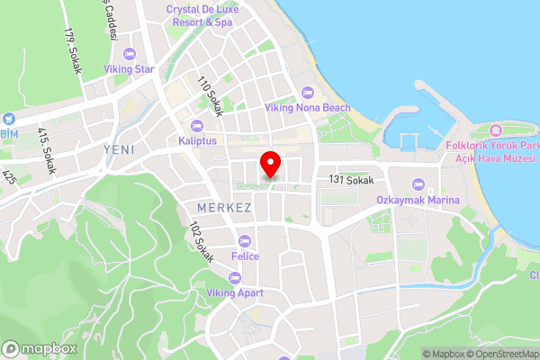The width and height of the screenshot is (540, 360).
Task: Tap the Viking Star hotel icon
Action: coord(130,54)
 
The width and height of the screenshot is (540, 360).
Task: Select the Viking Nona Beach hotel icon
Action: coord(307,93)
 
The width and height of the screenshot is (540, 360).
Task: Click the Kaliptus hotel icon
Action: coord(197,126)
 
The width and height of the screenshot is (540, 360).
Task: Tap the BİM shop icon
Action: coord(8,118)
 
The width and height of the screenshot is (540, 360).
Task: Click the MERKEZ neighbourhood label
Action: coord(223,208)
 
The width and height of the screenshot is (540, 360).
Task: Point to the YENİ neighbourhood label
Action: coord(119,149)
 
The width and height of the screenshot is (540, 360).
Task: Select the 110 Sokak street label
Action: coord(210,92)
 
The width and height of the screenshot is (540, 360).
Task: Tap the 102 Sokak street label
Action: coord(201,242)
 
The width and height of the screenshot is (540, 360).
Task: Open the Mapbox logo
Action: coord(39,348)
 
